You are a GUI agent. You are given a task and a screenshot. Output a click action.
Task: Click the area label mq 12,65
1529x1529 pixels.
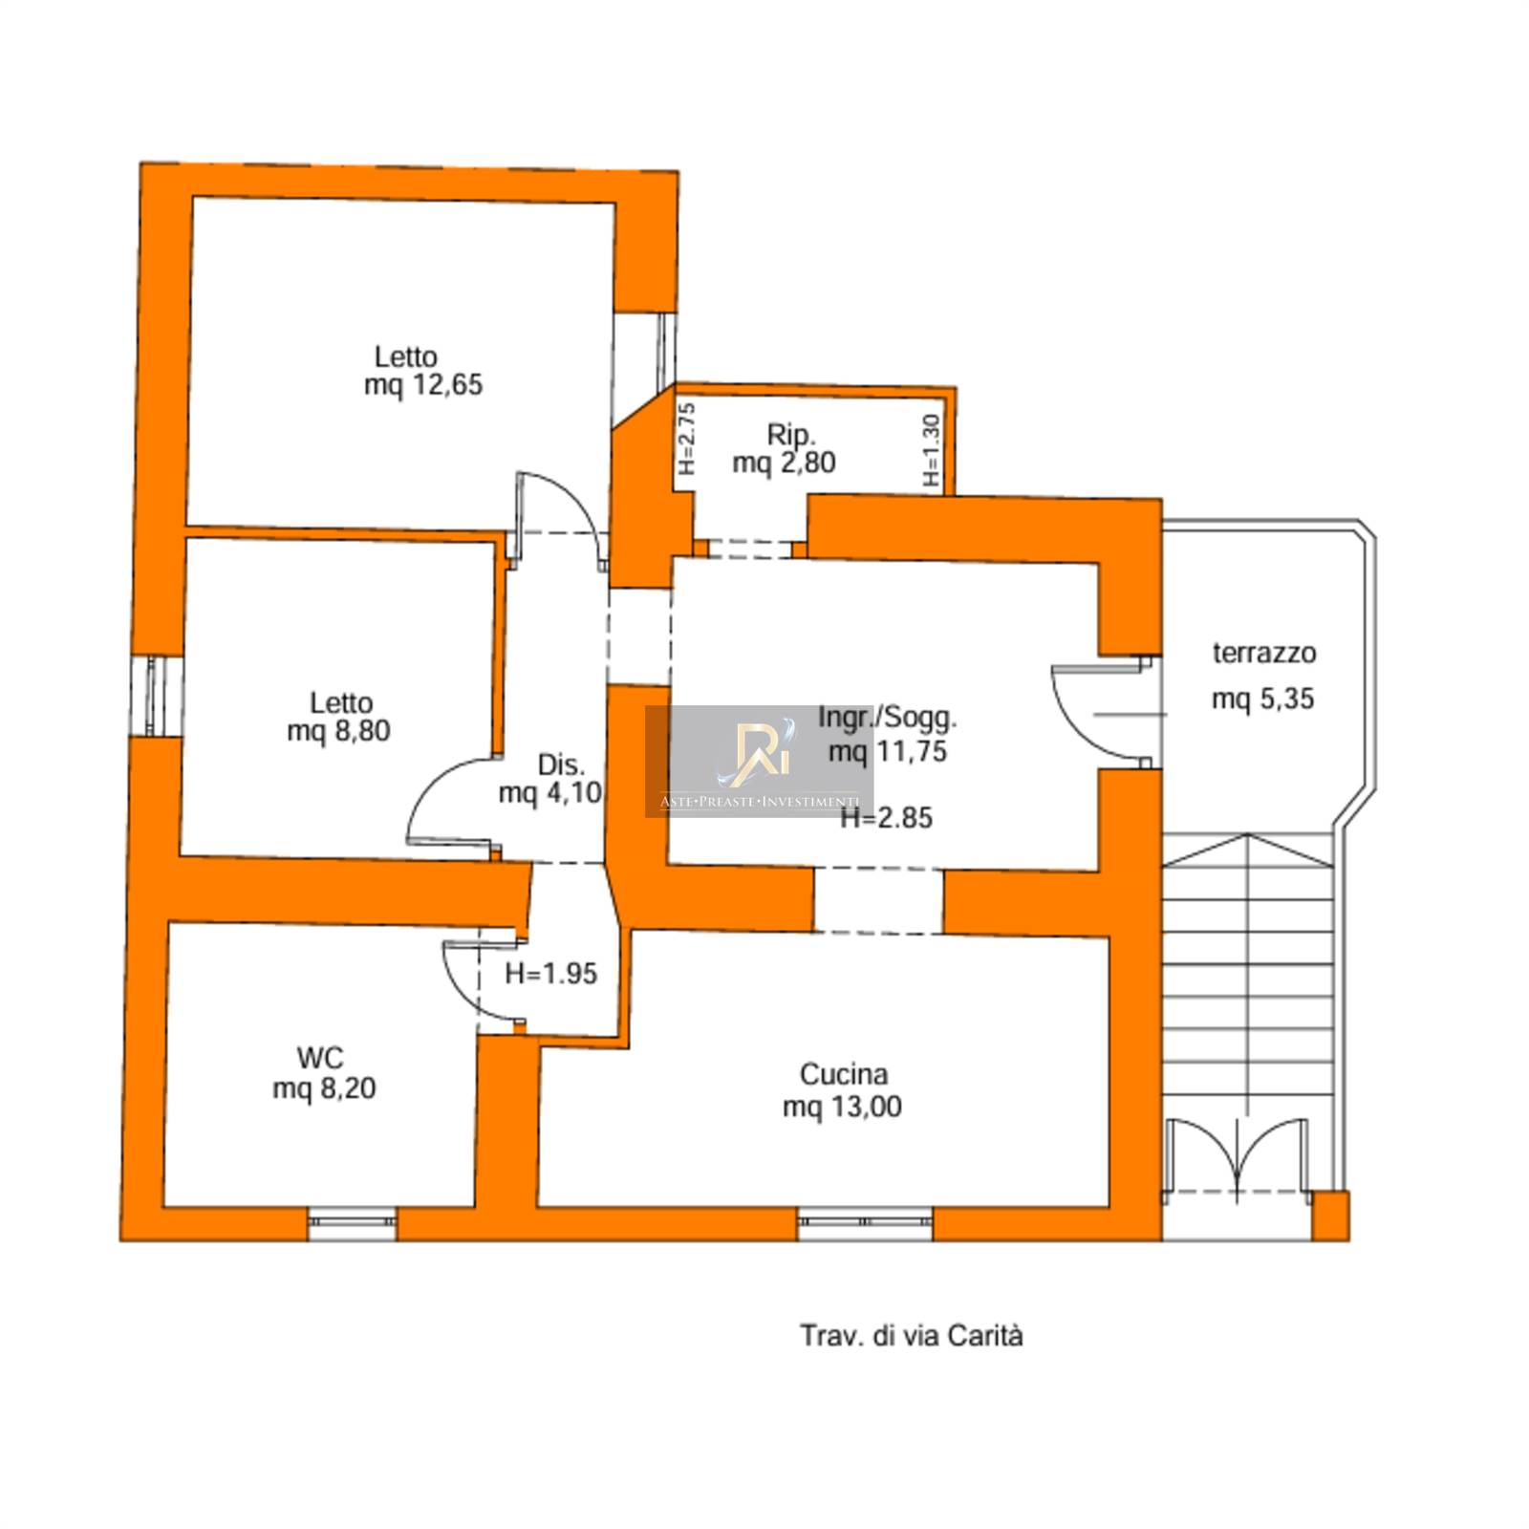click(423, 385)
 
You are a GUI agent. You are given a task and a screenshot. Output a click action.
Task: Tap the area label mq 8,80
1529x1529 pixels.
click(338, 731)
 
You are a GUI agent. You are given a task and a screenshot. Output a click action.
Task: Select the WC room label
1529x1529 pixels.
click(319, 1058)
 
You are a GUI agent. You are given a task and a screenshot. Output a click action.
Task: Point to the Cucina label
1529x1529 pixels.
click(843, 1075)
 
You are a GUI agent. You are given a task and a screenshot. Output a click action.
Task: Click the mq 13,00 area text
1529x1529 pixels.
click(842, 1107)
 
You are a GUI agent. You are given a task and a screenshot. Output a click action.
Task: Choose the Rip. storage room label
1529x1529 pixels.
click(791, 435)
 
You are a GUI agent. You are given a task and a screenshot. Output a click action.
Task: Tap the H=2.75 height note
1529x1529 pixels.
click(686, 439)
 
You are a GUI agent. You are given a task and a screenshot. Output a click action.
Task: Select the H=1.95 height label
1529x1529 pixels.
click(550, 974)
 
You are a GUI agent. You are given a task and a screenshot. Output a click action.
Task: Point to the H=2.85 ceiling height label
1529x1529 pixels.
click(886, 818)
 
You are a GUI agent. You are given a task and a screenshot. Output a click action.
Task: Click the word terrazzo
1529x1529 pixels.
click(1264, 654)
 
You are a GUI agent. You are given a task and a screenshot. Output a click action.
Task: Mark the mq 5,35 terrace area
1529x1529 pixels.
click(1262, 700)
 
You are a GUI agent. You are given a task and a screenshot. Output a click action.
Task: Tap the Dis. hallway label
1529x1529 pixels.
click(561, 764)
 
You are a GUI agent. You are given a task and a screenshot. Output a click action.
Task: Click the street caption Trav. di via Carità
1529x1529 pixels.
click(911, 1335)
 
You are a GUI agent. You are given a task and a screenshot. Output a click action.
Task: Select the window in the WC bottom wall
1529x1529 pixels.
click(352, 1224)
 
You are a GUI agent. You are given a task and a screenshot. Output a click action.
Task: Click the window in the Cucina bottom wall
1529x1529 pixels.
click(865, 1224)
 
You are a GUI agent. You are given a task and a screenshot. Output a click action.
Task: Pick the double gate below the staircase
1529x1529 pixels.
click(1237, 1156)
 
